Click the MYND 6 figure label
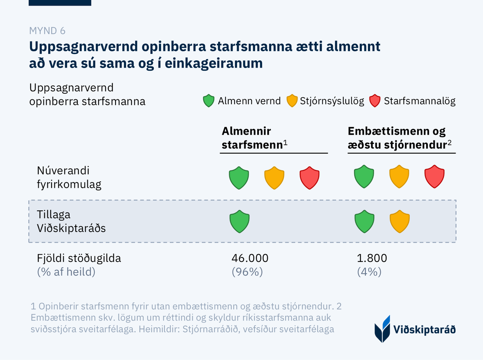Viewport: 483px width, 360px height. click(47, 31)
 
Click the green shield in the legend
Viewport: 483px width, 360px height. click(208, 101)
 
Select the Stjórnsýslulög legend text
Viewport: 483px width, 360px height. click(332, 101)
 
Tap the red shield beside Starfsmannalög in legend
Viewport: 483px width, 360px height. click(375, 101)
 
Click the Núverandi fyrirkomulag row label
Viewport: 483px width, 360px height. click(69, 177)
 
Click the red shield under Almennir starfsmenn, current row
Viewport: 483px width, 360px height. click(310, 177)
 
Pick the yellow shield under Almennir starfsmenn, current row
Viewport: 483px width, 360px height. click(274, 177)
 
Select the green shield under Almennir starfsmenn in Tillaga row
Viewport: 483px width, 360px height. click(239, 222)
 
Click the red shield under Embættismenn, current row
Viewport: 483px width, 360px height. click(435, 177)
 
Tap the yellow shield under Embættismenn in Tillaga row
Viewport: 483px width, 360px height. click(400, 222)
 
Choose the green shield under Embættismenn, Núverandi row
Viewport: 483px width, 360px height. click(364, 177)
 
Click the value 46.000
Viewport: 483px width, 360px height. click(250, 258)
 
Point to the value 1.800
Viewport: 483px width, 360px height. click(372, 258)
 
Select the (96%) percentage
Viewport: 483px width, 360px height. click(247, 272)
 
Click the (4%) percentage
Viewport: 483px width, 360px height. click(369, 272)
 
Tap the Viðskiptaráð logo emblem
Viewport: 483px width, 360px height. click(383, 329)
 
